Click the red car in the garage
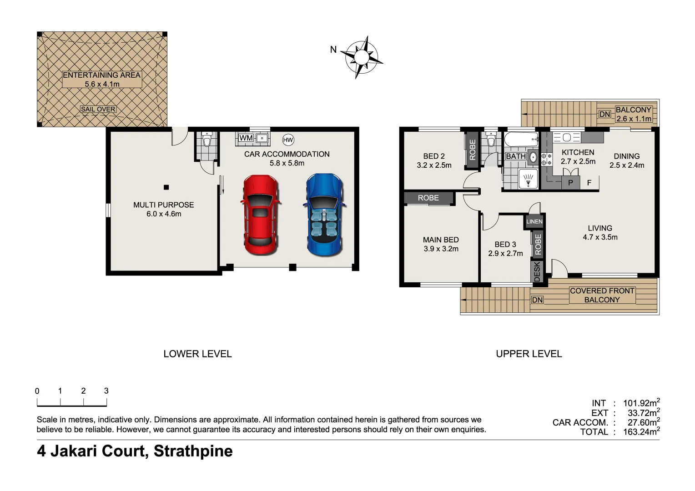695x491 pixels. (260, 215)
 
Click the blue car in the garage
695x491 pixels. (324, 215)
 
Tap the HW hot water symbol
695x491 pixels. (288, 140)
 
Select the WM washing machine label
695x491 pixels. (246, 138)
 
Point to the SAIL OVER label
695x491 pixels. (98, 109)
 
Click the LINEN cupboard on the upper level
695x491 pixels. (534, 221)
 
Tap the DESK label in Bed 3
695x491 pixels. (537, 271)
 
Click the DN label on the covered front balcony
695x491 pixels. (537, 300)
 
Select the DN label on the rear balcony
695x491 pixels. (604, 114)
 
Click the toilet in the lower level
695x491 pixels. (207, 140)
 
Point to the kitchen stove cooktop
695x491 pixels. (547, 159)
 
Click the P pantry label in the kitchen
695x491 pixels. (570, 183)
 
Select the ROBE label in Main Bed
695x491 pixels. (428, 198)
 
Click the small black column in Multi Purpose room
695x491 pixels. (166, 187)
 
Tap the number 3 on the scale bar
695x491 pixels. (106, 391)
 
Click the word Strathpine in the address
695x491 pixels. (193, 451)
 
